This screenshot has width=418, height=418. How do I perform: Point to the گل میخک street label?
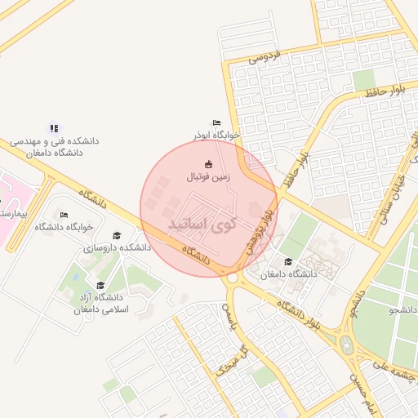pyautogui.click(x=231, y=361)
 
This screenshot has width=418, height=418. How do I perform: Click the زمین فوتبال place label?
pyautogui.click(x=208, y=176)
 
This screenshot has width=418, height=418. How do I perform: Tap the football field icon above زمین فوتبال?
pyautogui.click(x=208, y=163)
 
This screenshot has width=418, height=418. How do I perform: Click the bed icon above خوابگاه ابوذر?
pyautogui.click(x=216, y=122)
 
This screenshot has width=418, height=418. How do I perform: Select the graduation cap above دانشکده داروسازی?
pyautogui.click(x=117, y=235)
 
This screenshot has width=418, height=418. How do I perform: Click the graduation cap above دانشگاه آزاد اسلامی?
pyautogui.click(x=100, y=286)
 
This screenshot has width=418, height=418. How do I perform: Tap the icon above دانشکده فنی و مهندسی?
pyautogui.click(x=54, y=127)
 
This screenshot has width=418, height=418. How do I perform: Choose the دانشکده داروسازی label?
pyautogui.click(x=123, y=247)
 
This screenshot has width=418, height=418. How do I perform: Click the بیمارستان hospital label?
pyautogui.click(x=13, y=213)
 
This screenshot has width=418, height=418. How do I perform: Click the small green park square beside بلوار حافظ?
pyautogui.click(x=364, y=79)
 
